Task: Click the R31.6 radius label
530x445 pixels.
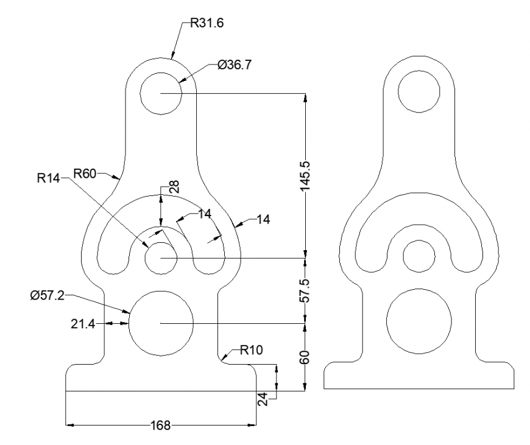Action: pos(207,23)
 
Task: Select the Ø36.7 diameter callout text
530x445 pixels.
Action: pos(234,65)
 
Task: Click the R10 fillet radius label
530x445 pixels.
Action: pos(252,349)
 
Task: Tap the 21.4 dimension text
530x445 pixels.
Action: pos(83,323)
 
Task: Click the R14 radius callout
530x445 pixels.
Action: pos(48,178)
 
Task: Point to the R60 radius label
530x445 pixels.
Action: pos(85,173)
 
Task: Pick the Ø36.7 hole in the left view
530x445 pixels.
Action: pos(161,93)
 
